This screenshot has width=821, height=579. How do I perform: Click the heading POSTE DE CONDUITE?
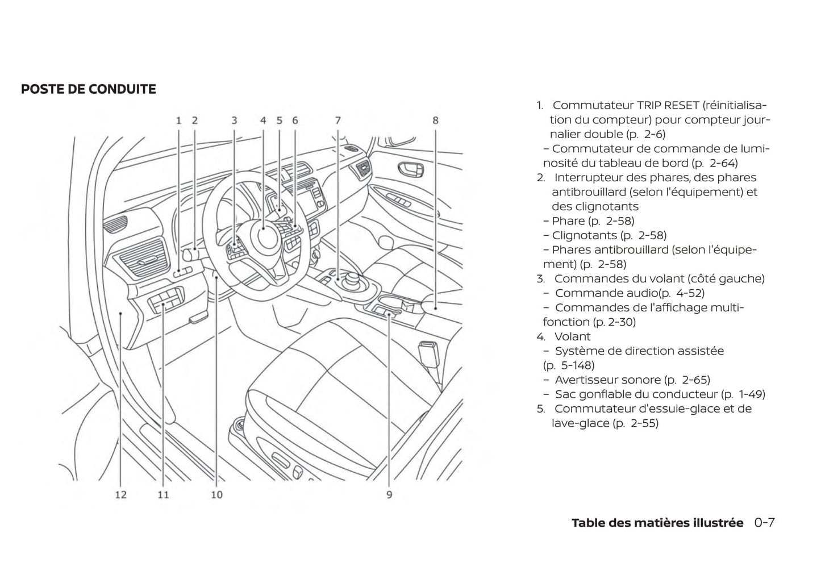(x=88, y=89)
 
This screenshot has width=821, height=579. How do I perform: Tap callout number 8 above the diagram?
(x=435, y=120)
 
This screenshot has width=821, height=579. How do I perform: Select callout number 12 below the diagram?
(x=120, y=495)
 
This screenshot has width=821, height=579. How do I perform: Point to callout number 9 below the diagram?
(x=389, y=495)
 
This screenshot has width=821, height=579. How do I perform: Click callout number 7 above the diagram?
(x=337, y=120)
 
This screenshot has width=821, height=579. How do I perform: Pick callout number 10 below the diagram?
(x=216, y=495)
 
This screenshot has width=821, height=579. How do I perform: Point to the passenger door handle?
(x=410, y=169)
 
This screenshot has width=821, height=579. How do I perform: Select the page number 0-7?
(x=764, y=523)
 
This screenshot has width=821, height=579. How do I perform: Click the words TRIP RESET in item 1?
(x=668, y=106)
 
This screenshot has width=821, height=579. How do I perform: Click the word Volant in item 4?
(x=572, y=336)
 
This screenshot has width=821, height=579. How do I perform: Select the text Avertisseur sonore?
(x=607, y=380)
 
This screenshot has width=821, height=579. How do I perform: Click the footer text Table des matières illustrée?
(x=657, y=523)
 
